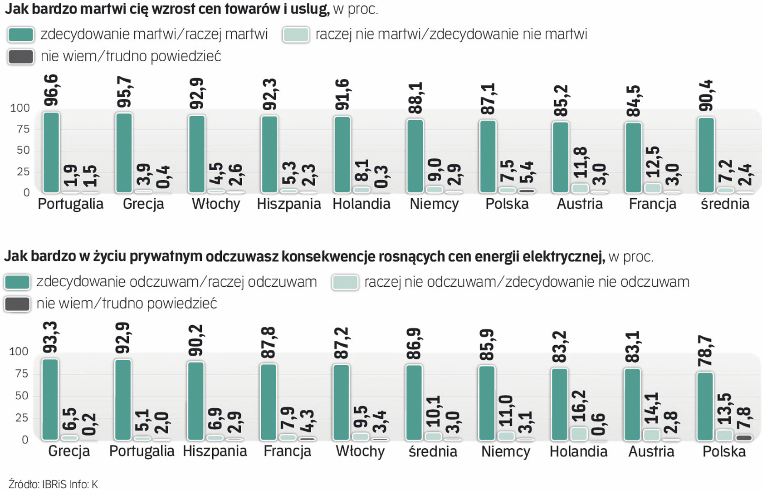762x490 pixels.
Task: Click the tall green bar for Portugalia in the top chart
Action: (51, 152)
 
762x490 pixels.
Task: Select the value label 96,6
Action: (51, 90)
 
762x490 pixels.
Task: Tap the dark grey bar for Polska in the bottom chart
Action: (743, 438)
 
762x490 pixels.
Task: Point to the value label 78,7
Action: (705, 351)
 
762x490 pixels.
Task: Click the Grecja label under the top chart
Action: (143, 204)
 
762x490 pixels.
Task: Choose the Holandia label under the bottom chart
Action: (578, 451)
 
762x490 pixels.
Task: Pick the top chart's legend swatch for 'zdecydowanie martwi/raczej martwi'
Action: (21, 35)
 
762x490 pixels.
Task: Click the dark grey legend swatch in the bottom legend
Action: (17, 304)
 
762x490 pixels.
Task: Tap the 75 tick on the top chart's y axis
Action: (23, 129)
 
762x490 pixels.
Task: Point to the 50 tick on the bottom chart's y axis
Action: (22, 396)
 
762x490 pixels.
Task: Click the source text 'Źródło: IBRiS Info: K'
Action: (53, 484)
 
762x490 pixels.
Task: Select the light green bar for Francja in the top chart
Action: (653, 188)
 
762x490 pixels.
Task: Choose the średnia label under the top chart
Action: (725, 204)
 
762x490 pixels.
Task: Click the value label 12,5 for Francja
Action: (653, 162)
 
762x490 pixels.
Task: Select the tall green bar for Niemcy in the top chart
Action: (415, 156)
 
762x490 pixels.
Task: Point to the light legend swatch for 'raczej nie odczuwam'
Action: (345, 282)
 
